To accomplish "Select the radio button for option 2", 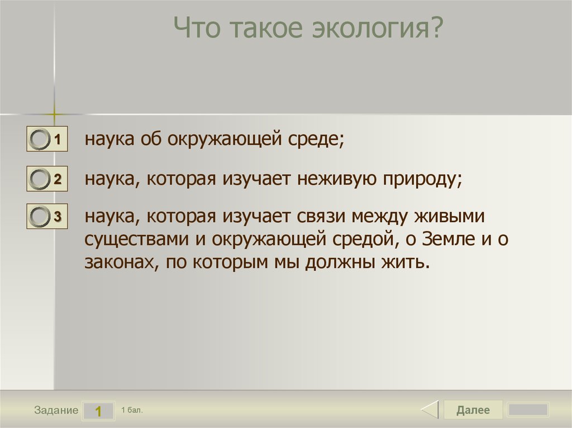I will [x=40, y=179].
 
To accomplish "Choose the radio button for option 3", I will [x=40, y=217].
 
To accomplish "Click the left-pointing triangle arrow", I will [x=430, y=410].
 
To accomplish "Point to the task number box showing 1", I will [x=98, y=411].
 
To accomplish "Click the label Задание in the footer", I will [x=56, y=411].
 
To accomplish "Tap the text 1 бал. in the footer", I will [x=132, y=410].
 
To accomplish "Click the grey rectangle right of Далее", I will [x=528, y=410].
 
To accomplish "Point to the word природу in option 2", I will [x=424, y=179].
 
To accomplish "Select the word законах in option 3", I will [x=118, y=262].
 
